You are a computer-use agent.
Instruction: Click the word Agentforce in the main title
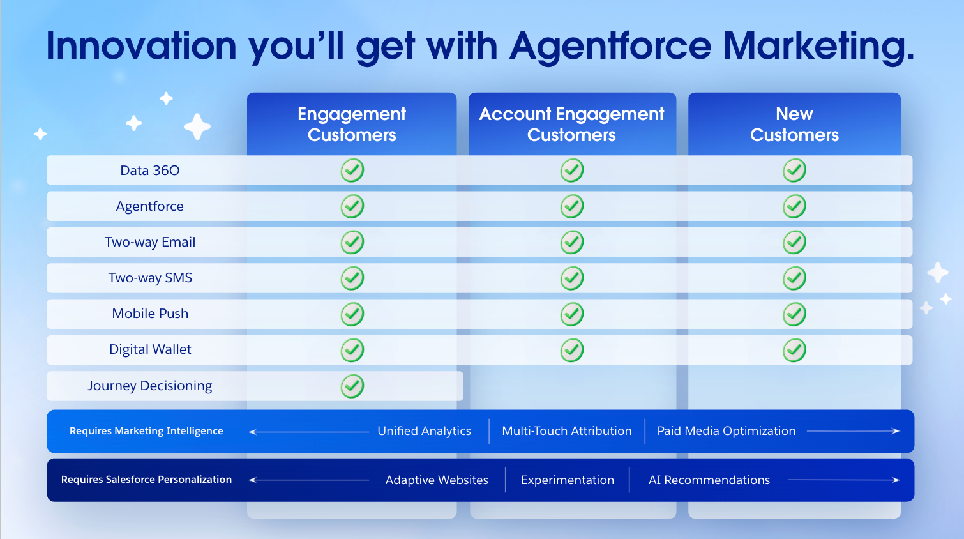(610, 47)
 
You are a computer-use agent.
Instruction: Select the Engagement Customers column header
(352, 125)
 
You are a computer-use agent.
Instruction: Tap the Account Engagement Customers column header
(571, 125)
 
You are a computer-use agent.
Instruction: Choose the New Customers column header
(794, 125)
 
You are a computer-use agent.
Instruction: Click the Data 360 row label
(150, 171)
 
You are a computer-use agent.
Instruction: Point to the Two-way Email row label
(150, 242)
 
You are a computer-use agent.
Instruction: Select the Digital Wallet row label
(150, 349)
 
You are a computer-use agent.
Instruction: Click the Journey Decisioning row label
(150, 386)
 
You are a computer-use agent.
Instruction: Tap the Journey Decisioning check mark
(352, 386)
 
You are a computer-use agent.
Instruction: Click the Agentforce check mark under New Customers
(794, 206)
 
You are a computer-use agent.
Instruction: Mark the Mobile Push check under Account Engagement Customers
(572, 314)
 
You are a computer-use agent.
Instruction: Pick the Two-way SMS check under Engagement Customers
(352, 278)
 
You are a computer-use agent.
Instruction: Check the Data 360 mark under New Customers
(794, 171)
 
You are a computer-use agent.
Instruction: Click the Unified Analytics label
(425, 431)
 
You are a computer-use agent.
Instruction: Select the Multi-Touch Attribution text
(567, 431)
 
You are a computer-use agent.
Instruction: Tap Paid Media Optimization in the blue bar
(727, 431)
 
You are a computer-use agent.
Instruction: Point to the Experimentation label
(568, 480)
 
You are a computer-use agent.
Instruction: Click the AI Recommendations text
(709, 480)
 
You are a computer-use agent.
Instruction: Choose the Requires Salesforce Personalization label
(146, 480)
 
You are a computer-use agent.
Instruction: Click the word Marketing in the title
(818, 47)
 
